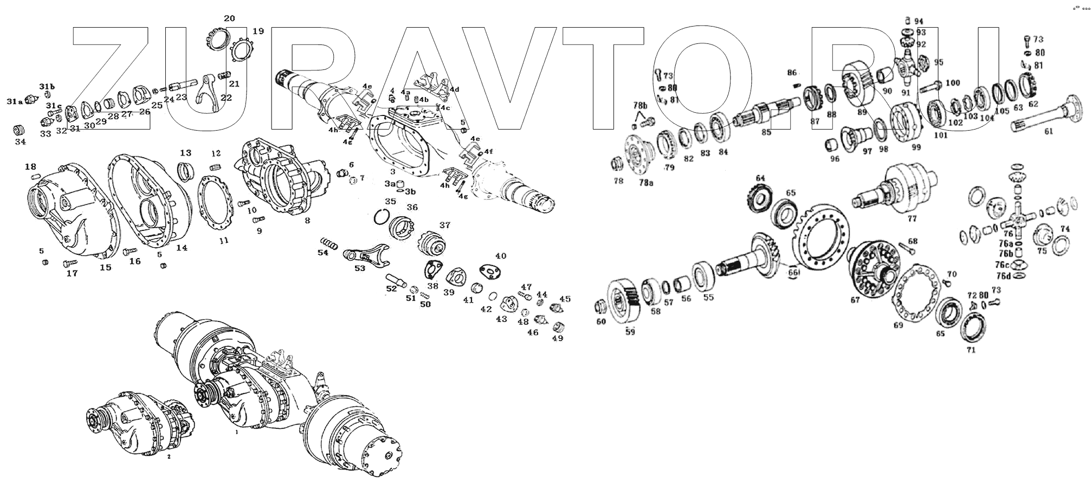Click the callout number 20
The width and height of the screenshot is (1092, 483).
pos(229,18)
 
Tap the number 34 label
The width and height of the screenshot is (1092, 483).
pos(20,142)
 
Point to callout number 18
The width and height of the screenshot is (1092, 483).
pos(30,166)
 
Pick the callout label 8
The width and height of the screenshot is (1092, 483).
pos(307,221)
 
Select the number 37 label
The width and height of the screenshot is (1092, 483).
pos(444,225)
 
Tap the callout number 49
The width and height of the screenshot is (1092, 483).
pos(557,338)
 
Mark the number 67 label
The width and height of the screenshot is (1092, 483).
pos(855,300)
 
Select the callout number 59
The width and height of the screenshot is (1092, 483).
pos(630,332)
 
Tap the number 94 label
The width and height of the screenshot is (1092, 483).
pos(919,21)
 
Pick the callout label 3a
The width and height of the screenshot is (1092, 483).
pos(390,184)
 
